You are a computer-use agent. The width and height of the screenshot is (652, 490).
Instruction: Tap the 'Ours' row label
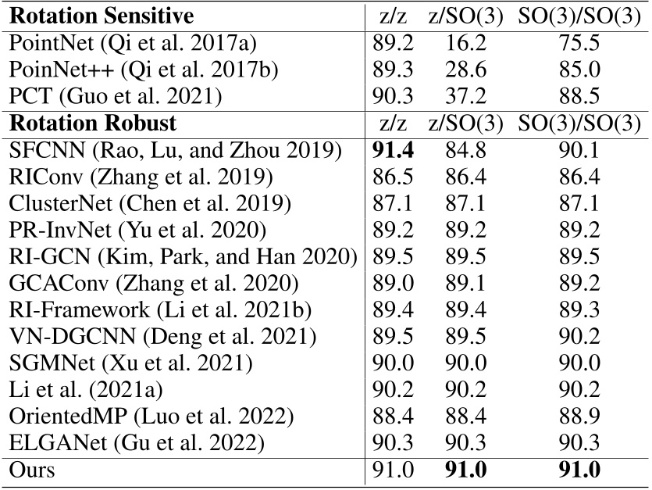[x=30, y=470]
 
